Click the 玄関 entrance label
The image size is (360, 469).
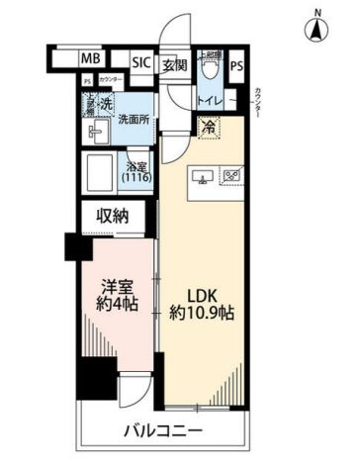click(174, 65)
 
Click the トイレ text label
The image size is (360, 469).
click(211, 100)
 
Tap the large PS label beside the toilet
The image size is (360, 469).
click(235, 66)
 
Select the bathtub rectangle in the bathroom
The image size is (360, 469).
click(100, 172)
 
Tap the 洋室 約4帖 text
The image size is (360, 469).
click(118, 295)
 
